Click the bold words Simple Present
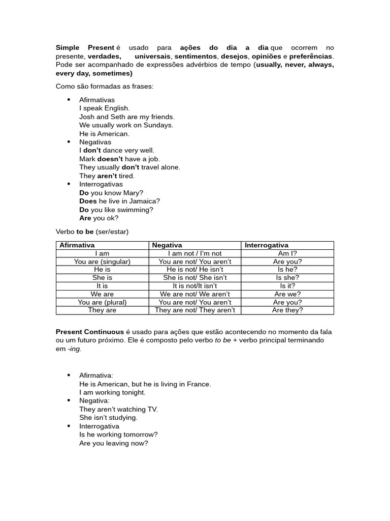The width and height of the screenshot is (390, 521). click(85, 48)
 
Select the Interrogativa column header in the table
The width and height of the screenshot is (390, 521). click(266, 245)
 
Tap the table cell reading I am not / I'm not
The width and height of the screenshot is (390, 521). click(194, 253)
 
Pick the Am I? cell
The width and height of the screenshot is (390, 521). click(287, 253)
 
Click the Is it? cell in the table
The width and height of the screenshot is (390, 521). click(287, 286)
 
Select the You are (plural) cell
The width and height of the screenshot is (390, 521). click(102, 302)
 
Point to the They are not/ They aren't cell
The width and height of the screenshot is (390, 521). click(194, 310)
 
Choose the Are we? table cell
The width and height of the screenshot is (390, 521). click(287, 294)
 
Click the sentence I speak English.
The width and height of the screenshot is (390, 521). click(105, 108)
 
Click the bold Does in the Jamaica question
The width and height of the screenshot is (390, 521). click(88, 201)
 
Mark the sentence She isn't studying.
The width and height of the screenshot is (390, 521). click(108, 418)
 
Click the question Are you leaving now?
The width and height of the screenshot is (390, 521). click(114, 443)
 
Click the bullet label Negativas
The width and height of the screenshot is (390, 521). click(95, 142)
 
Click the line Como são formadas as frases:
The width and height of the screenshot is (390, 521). click(105, 86)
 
